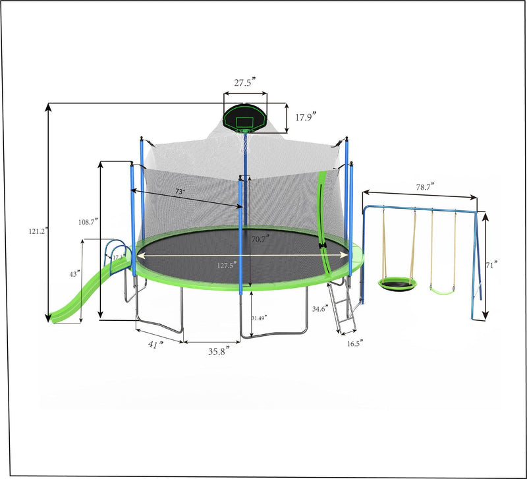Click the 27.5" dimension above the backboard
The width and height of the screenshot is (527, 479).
pos(245,84)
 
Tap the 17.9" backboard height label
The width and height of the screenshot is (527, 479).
pos(305,117)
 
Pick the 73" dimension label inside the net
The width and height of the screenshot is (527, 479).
pos(179,191)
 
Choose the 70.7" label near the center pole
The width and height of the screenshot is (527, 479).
pos(258,240)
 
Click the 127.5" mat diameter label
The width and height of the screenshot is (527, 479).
pos(226,266)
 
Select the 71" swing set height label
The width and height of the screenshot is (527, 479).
pos(491,266)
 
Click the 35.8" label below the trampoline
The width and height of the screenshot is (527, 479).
pos(219,351)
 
